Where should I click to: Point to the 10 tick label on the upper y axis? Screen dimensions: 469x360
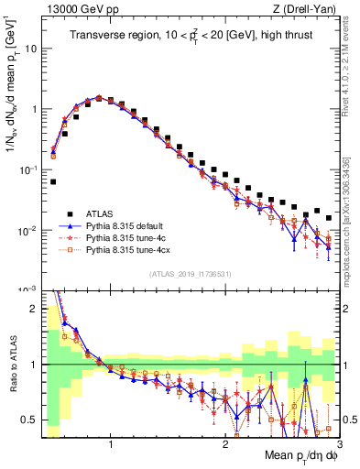click(x=31, y=49)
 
